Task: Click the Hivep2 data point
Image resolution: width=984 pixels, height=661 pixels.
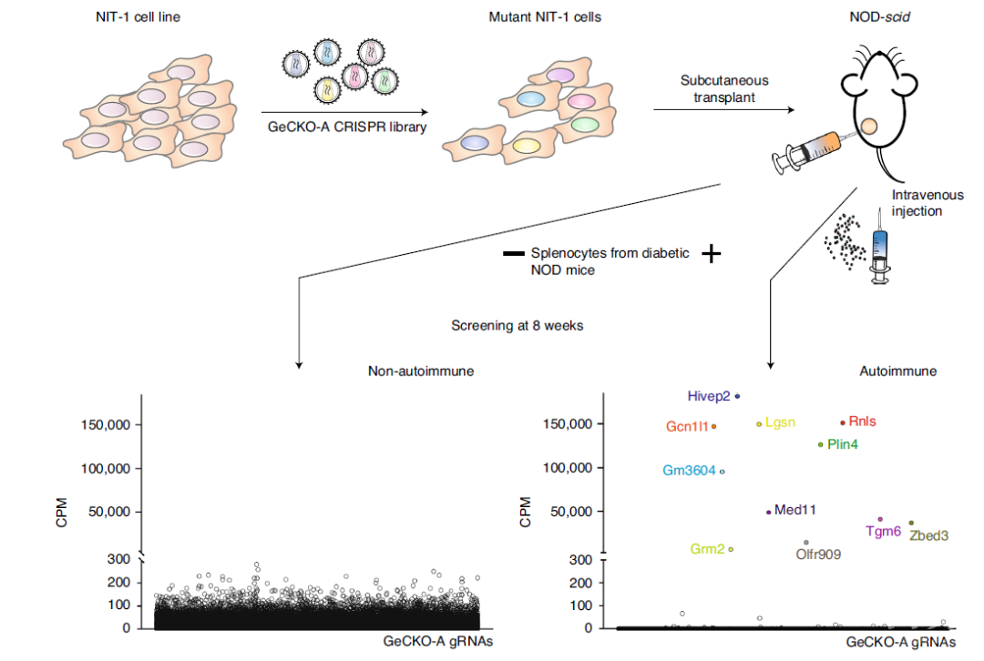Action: click(737, 396)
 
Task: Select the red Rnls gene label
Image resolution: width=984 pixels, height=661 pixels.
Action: click(862, 422)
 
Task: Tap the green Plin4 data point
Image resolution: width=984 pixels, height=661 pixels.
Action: click(820, 444)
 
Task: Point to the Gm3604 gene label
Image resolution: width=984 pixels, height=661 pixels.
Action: click(689, 471)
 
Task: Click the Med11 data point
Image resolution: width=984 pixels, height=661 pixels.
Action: click(768, 513)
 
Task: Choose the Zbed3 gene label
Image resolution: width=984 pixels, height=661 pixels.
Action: click(928, 535)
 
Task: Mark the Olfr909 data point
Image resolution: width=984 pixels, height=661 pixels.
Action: click(805, 543)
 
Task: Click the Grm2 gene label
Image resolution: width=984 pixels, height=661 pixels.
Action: click(707, 549)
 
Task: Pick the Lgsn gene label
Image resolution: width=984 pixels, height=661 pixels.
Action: click(780, 422)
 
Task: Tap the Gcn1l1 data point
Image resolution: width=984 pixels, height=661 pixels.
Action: click(713, 426)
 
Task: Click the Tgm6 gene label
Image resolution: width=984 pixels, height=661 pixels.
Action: click(883, 531)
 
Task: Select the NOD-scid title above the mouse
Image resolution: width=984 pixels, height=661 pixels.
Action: click(879, 17)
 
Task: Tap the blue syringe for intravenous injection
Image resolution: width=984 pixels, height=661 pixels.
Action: click(880, 247)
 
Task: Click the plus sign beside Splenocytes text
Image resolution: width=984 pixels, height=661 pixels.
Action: click(711, 254)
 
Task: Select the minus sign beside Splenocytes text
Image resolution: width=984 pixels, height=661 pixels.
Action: click(513, 254)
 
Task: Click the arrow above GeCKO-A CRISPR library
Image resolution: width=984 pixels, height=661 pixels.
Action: click(344, 112)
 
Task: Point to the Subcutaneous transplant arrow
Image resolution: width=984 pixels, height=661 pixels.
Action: click(723, 110)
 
